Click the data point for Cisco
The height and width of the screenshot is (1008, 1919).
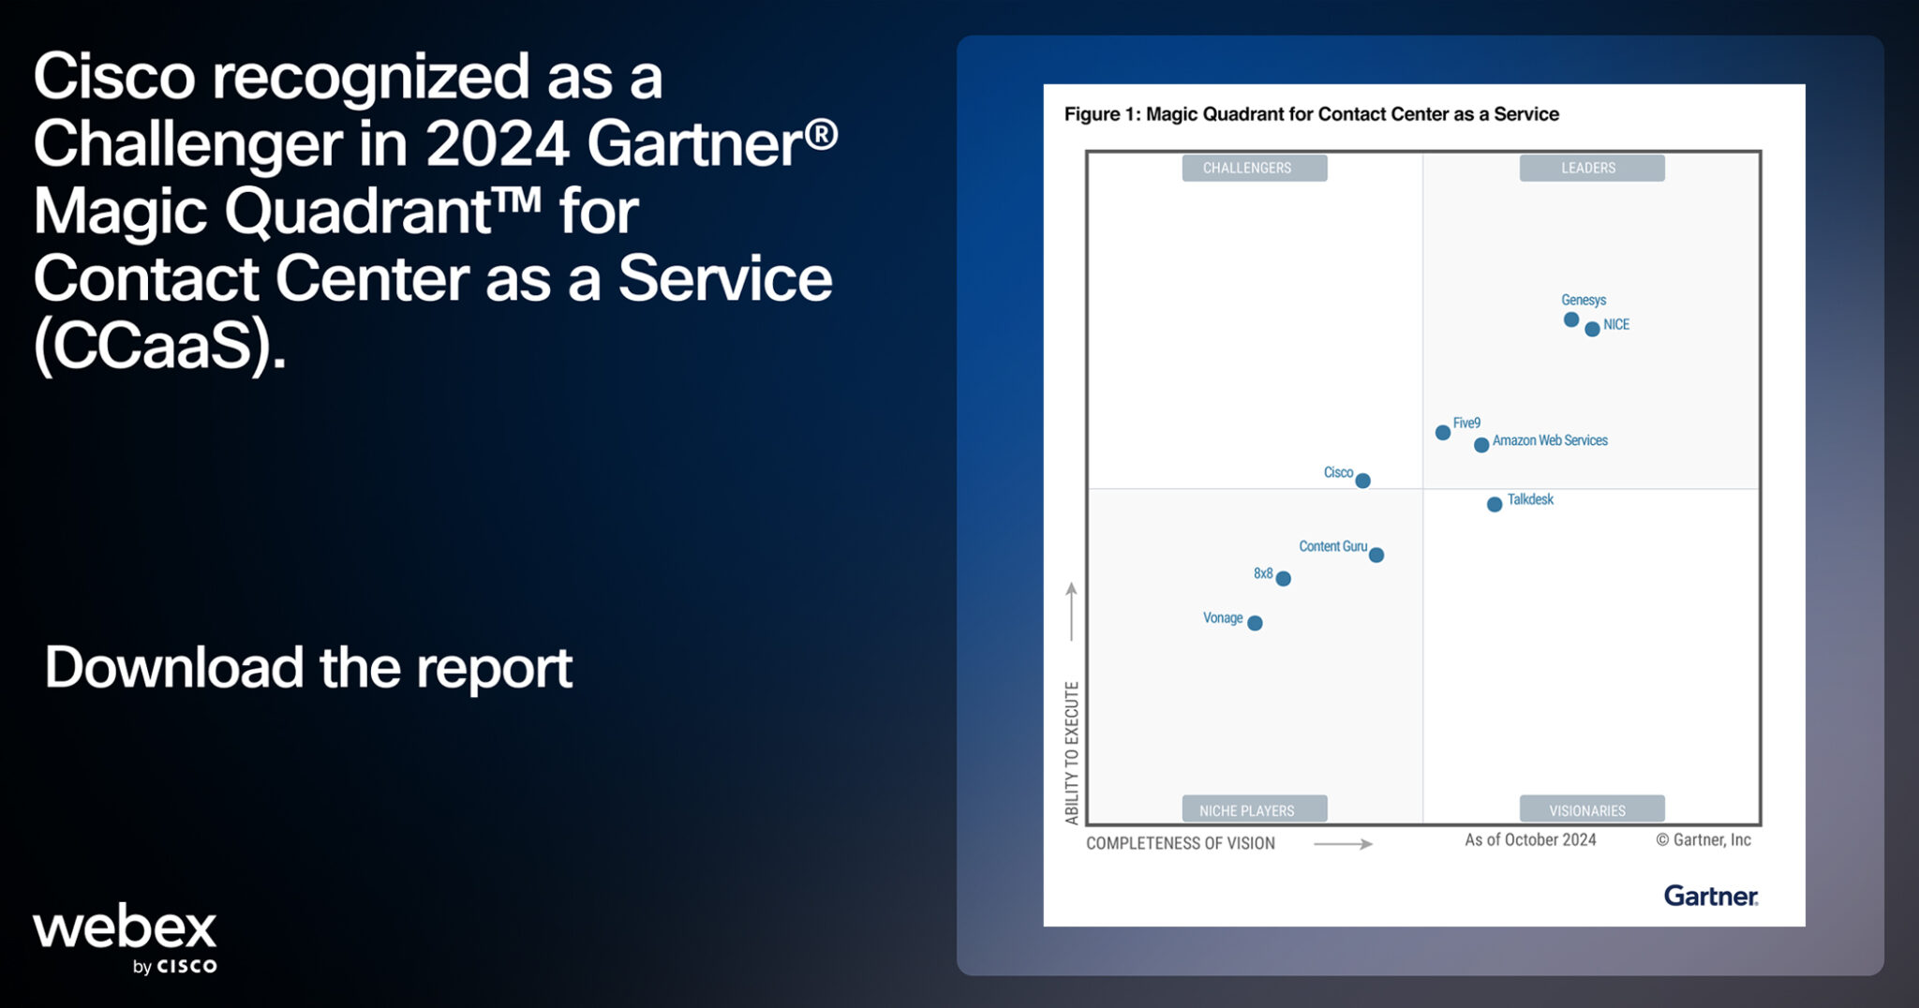[x=1363, y=481]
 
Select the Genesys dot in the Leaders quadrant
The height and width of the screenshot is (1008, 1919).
[x=1571, y=319]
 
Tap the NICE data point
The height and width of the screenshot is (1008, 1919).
[x=1592, y=329]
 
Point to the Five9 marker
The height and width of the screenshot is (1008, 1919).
[x=1443, y=432]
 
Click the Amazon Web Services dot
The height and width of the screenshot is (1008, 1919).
[x=1481, y=445]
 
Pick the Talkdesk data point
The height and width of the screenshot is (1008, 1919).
[x=1495, y=504]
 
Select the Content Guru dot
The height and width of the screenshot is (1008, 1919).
[x=1376, y=555]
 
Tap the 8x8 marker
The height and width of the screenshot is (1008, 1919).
[x=1284, y=579]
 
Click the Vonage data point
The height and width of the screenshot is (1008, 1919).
[x=1256, y=623]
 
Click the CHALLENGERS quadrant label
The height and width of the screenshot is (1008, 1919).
[x=1254, y=168]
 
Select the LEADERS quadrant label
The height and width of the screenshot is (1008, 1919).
[x=1591, y=168]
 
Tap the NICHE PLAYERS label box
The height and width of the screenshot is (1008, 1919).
[x=1254, y=809]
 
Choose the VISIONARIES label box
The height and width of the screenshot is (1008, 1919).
[x=1591, y=809]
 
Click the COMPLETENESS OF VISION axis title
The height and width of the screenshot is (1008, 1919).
[x=1180, y=843]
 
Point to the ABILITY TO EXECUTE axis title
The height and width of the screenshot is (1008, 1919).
[x=1072, y=752]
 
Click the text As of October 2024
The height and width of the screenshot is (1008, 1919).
[x=1530, y=839]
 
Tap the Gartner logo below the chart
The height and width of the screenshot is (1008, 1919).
[x=1710, y=896]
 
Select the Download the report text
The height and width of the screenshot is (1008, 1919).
[x=308, y=667]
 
